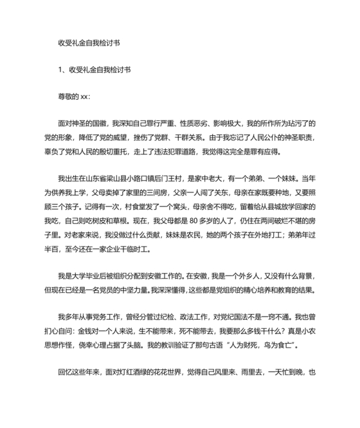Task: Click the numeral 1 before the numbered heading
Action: [60, 70]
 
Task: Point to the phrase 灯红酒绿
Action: [140, 372]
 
